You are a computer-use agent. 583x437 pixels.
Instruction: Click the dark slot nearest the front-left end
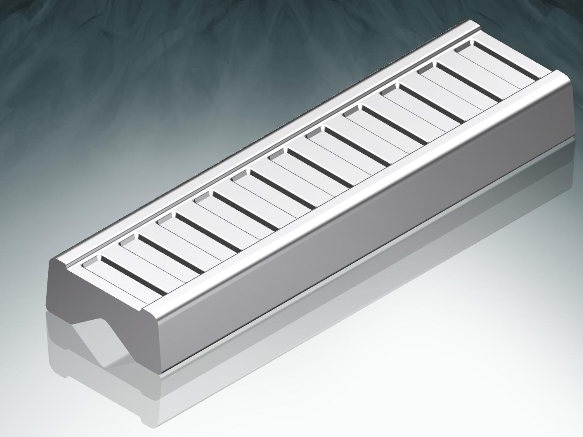pyautogui.click(x=133, y=275)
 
